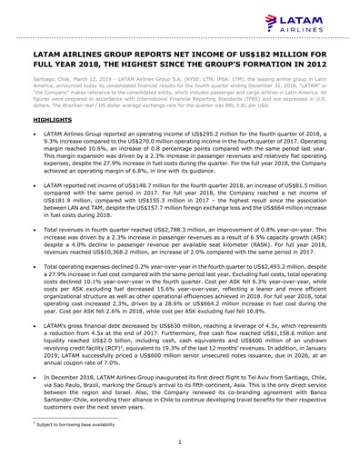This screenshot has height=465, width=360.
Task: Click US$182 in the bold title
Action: pyautogui.click(x=272, y=54)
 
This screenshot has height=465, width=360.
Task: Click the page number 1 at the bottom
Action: pyautogui.click(x=180, y=442)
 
